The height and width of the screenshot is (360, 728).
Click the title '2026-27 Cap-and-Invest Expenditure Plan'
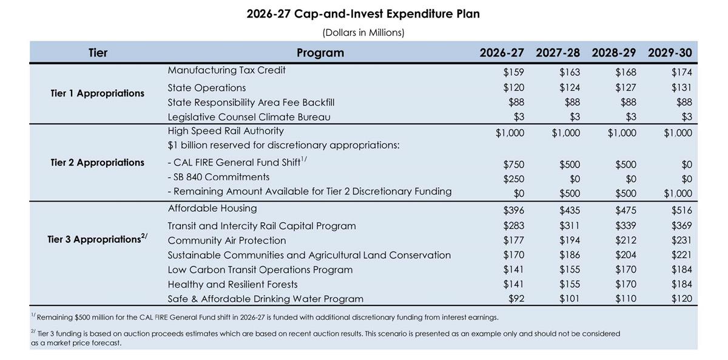click(363, 13)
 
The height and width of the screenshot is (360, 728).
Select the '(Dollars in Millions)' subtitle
click(363, 33)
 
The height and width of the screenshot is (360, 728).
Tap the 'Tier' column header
click(98, 53)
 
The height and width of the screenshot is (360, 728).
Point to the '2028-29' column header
click(614, 53)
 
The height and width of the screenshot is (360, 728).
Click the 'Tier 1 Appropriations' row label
click(98, 93)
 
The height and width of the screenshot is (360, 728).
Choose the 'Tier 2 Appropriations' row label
click(98, 163)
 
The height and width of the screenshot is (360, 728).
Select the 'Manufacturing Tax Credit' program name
click(226, 70)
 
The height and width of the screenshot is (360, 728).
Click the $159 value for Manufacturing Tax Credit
click(513, 72)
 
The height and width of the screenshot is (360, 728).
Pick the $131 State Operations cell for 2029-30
click(681, 87)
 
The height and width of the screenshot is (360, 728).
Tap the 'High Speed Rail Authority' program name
click(226, 131)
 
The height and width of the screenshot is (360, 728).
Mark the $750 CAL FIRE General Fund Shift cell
click(513, 165)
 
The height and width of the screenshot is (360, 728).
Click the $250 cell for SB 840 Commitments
click(513, 179)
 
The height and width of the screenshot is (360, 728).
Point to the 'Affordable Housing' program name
click(212, 209)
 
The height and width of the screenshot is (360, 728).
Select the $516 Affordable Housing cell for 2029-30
click(681, 211)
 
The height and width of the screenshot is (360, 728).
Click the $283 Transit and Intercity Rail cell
click(513, 226)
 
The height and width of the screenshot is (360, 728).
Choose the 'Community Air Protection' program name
click(227, 240)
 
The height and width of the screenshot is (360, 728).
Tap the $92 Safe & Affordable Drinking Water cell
click(516, 299)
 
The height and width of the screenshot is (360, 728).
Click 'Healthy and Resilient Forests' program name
click(232, 284)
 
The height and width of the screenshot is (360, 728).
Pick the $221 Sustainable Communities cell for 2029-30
click(681, 255)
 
